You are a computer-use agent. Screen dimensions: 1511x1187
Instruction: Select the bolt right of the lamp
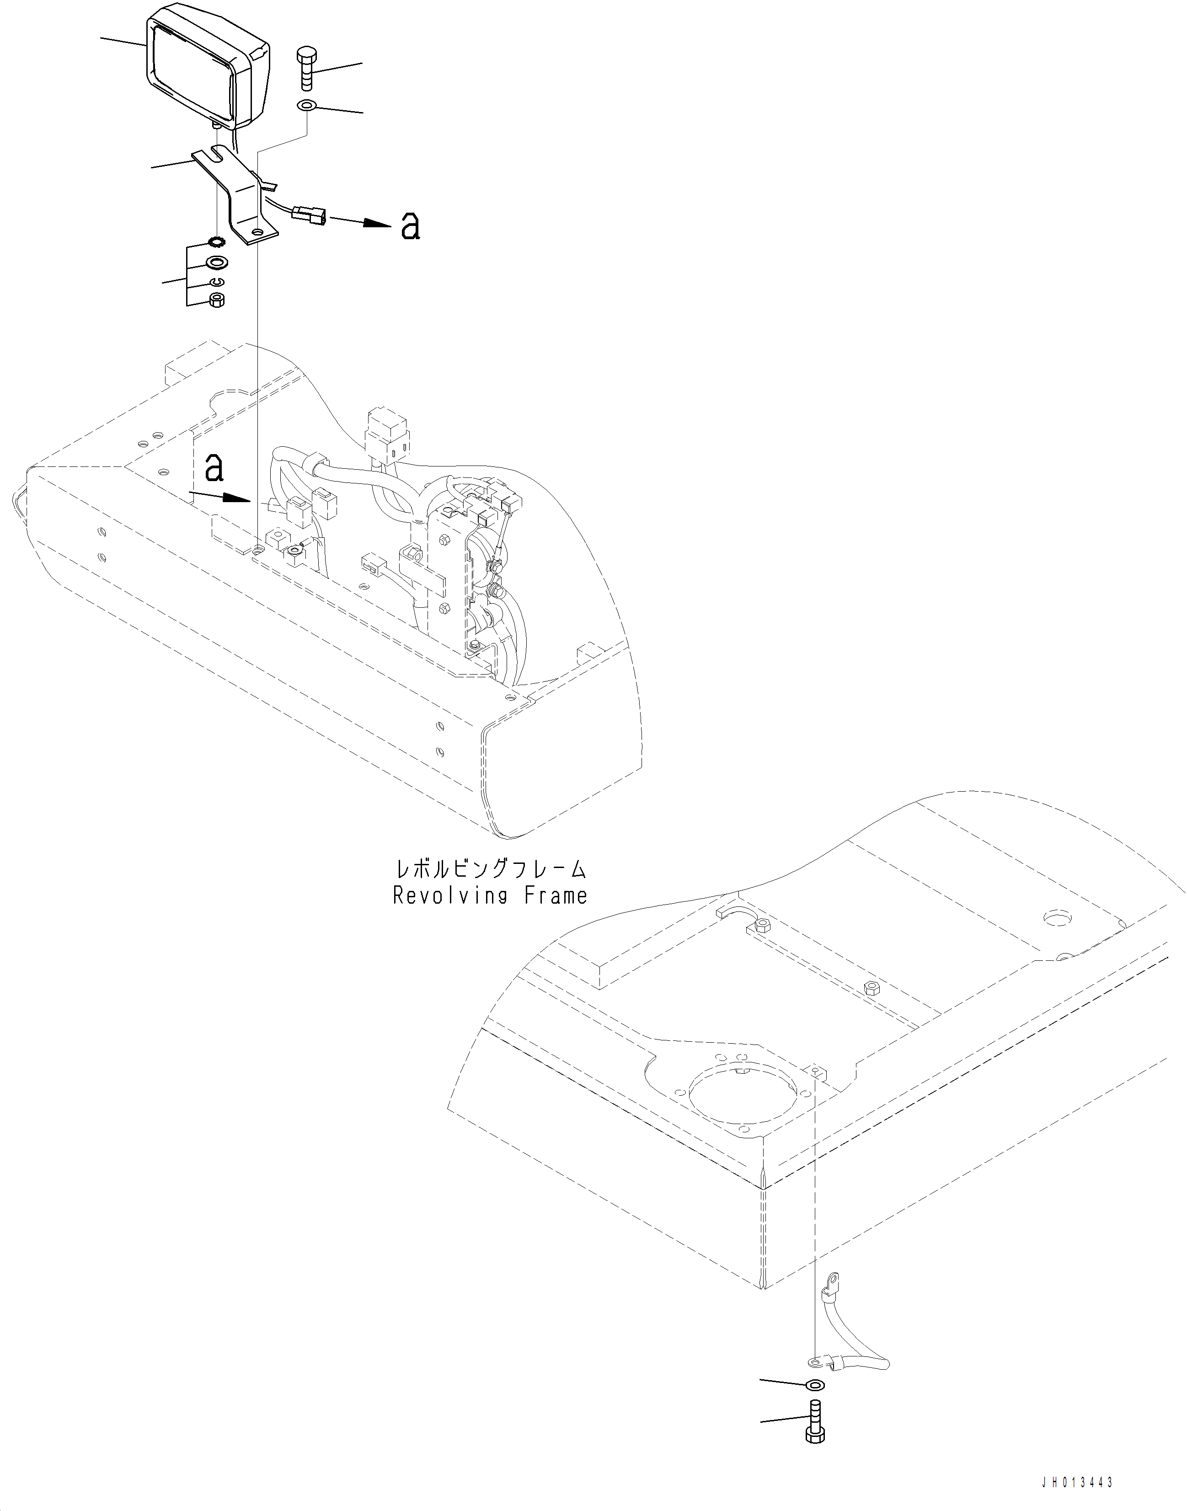click(306, 68)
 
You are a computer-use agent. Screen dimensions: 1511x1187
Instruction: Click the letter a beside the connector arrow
click(411, 226)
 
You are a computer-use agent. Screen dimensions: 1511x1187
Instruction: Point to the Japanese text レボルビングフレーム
click(491, 869)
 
